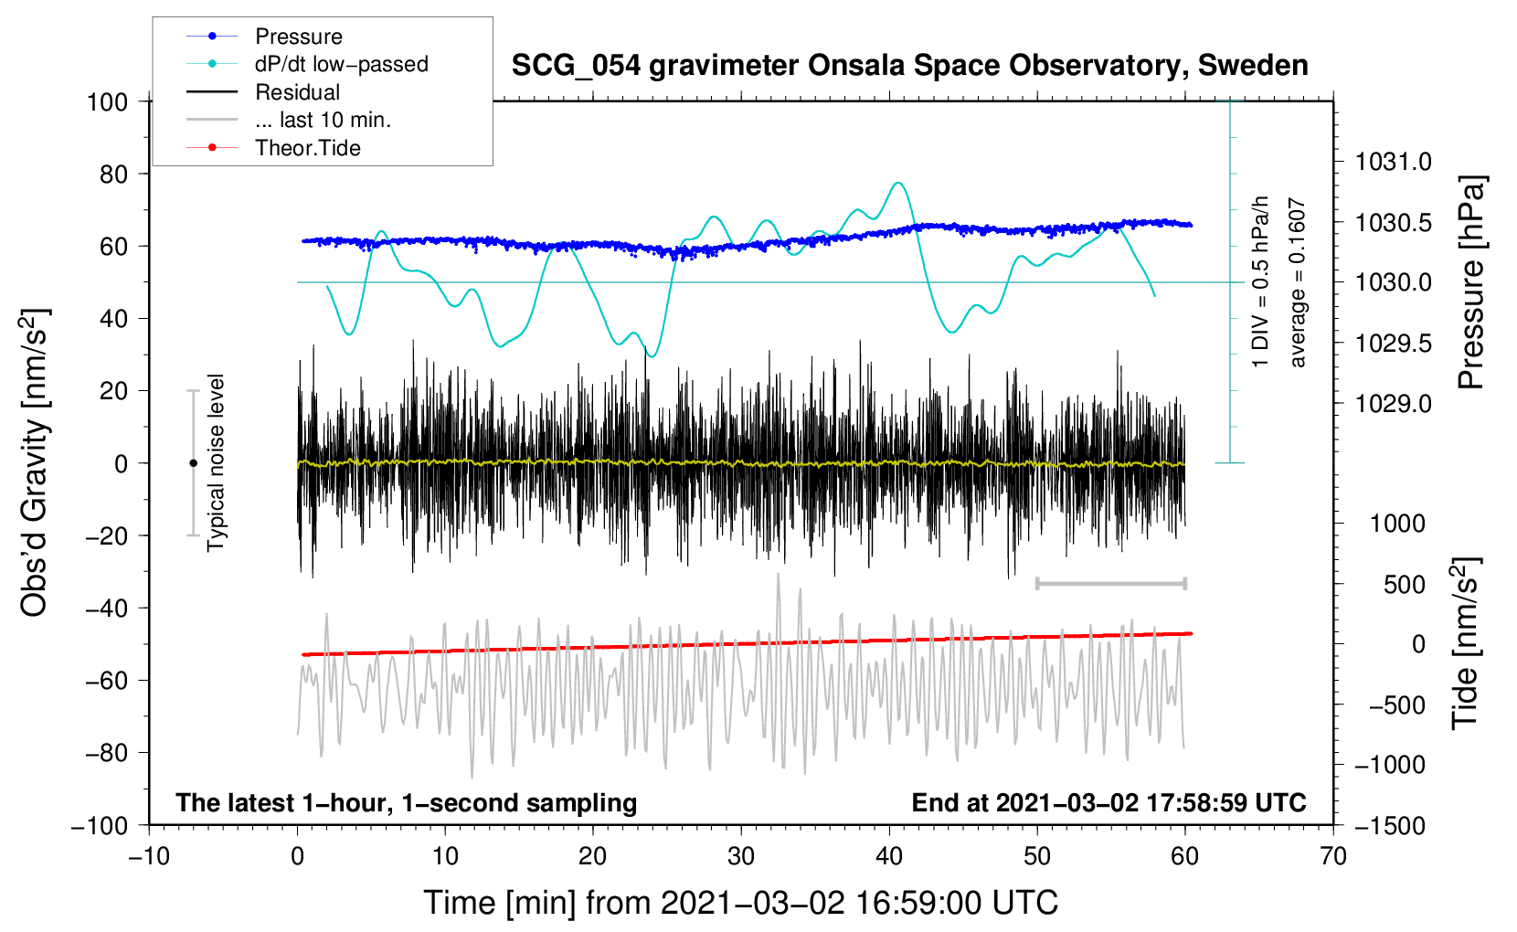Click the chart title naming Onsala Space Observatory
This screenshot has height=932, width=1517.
click(909, 66)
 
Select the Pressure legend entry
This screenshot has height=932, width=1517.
click(298, 37)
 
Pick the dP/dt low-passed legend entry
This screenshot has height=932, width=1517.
click(341, 64)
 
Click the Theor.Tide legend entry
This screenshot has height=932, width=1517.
click(307, 148)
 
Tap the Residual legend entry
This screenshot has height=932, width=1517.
click(297, 92)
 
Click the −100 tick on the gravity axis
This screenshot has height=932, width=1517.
click(100, 825)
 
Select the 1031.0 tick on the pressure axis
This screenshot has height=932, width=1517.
click(1393, 162)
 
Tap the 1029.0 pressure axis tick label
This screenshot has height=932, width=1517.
click(1393, 403)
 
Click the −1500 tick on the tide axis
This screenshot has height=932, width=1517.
click(1389, 825)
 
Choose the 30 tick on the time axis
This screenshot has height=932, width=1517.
click(741, 856)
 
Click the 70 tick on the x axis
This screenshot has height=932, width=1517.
click(1333, 856)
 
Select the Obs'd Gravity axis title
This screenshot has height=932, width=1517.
click(34, 462)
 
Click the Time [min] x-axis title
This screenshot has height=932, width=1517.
click(741, 903)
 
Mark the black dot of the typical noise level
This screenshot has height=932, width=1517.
click(193, 463)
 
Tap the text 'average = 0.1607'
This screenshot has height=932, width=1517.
click(1298, 283)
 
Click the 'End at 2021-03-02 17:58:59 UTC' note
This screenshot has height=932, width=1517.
click(1109, 802)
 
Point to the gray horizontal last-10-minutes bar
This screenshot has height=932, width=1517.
click(1110, 583)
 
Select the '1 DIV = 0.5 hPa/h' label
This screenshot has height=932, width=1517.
click(1261, 281)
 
